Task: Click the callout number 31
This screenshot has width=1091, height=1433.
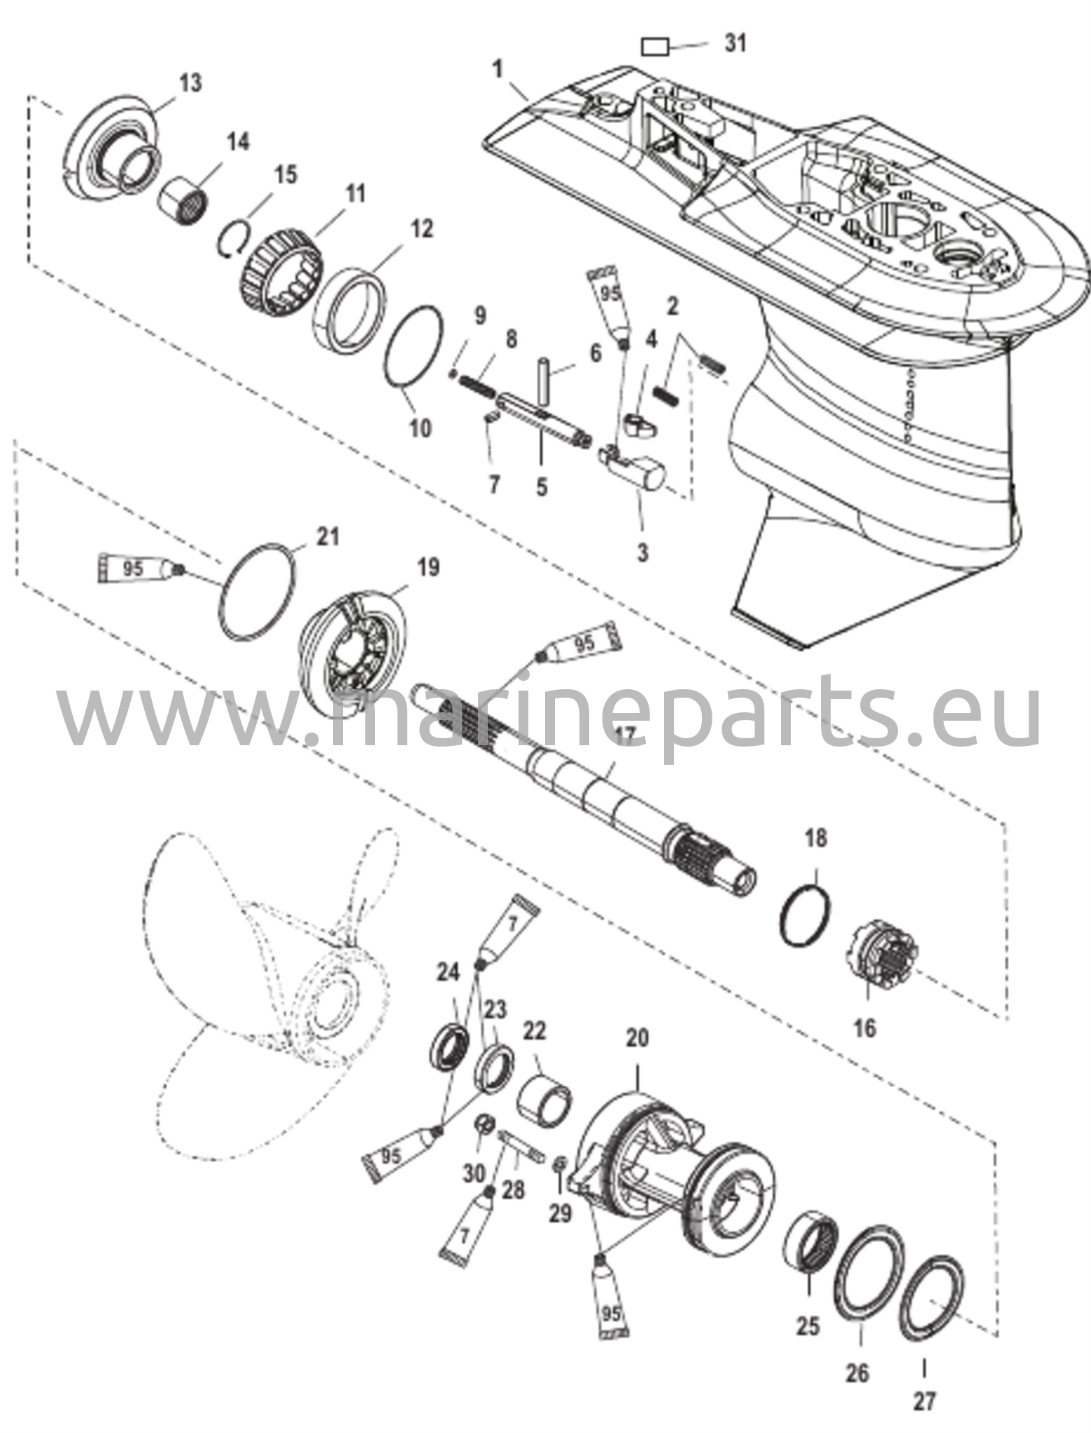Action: pyautogui.click(x=735, y=43)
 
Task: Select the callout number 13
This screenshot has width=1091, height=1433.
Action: pyautogui.click(x=190, y=83)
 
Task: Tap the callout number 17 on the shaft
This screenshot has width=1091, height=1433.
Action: pyautogui.click(x=623, y=734)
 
